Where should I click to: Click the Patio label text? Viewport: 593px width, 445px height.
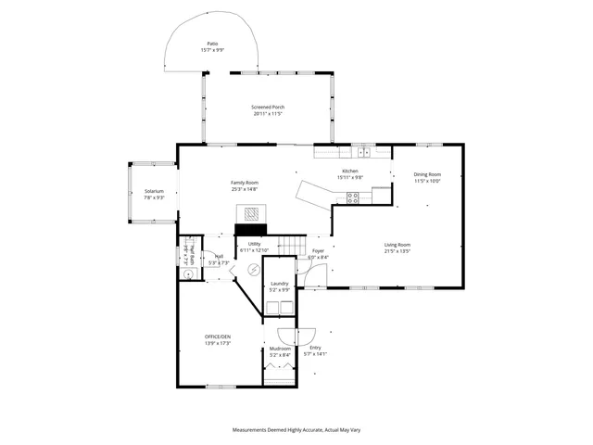click(x=212, y=44)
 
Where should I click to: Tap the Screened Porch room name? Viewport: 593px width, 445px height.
click(x=268, y=108)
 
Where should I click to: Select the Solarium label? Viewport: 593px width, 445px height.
click(x=154, y=191)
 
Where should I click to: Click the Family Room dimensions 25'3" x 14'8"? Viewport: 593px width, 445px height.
click(x=245, y=189)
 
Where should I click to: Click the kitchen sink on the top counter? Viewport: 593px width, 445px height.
click(x=364, y=152)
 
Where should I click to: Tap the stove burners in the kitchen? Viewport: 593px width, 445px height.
click(x=353, y=196)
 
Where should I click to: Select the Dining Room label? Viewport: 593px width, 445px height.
click(x=427, y=174)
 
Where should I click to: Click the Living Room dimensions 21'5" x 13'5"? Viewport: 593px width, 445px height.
click(x=397, y=250)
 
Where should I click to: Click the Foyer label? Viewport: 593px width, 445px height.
click(x=318, y=250)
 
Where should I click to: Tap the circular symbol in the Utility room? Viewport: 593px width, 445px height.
click(x=251, y=269)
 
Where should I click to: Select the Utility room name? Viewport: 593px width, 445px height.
click(x=254, y=244)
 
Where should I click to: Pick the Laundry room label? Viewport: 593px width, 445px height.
click(x=279, y=284)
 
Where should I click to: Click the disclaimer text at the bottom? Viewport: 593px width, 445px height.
click(x=295, y=430)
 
